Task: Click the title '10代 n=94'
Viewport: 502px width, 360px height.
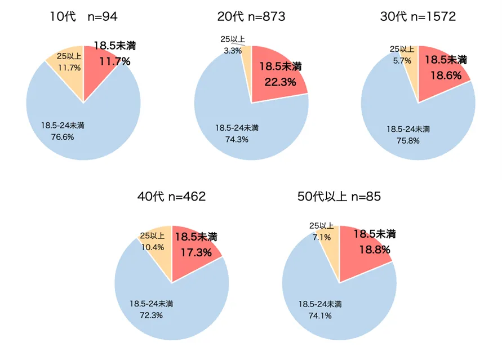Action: (x=83, y=17)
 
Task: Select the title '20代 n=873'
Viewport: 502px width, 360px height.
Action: (x=251, y=17)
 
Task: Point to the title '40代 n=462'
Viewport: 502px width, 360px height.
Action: (x=172, y=197)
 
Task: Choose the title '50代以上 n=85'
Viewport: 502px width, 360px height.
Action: (x=339, y=197)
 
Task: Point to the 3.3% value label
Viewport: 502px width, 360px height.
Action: (x=233, y=51)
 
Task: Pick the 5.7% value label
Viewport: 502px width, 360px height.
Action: (x=402, y=60)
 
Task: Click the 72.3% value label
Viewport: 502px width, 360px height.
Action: (x=151, y=315)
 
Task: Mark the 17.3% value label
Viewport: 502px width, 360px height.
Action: (x=196, y=252)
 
